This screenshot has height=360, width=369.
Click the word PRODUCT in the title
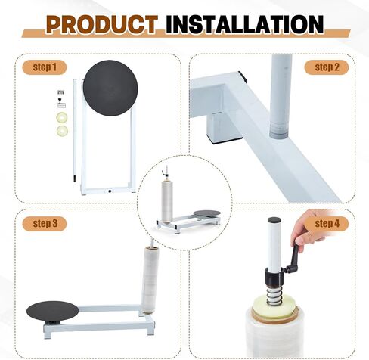point(102,24)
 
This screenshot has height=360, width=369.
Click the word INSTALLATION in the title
point(244,24)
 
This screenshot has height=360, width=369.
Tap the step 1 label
point(45,67)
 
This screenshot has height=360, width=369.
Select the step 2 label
point(327,67)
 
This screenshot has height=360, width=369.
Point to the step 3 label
point(45,224)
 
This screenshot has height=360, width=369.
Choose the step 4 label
point(327,224)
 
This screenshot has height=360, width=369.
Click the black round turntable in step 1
point(110,88)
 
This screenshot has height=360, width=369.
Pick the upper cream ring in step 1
point(62,118)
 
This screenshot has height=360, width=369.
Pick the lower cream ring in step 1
point(62,131)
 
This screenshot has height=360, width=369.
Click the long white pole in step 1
point(75,130)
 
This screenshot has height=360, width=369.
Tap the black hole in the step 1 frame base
point(110,191)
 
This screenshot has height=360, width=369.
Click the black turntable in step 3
point(52,311)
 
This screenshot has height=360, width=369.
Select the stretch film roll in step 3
point(150,280)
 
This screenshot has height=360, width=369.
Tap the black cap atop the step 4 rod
point(274,220)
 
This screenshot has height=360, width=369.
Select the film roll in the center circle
point(167,201)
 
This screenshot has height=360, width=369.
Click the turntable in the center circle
point(207,213)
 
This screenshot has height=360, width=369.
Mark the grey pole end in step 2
point(279,130)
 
